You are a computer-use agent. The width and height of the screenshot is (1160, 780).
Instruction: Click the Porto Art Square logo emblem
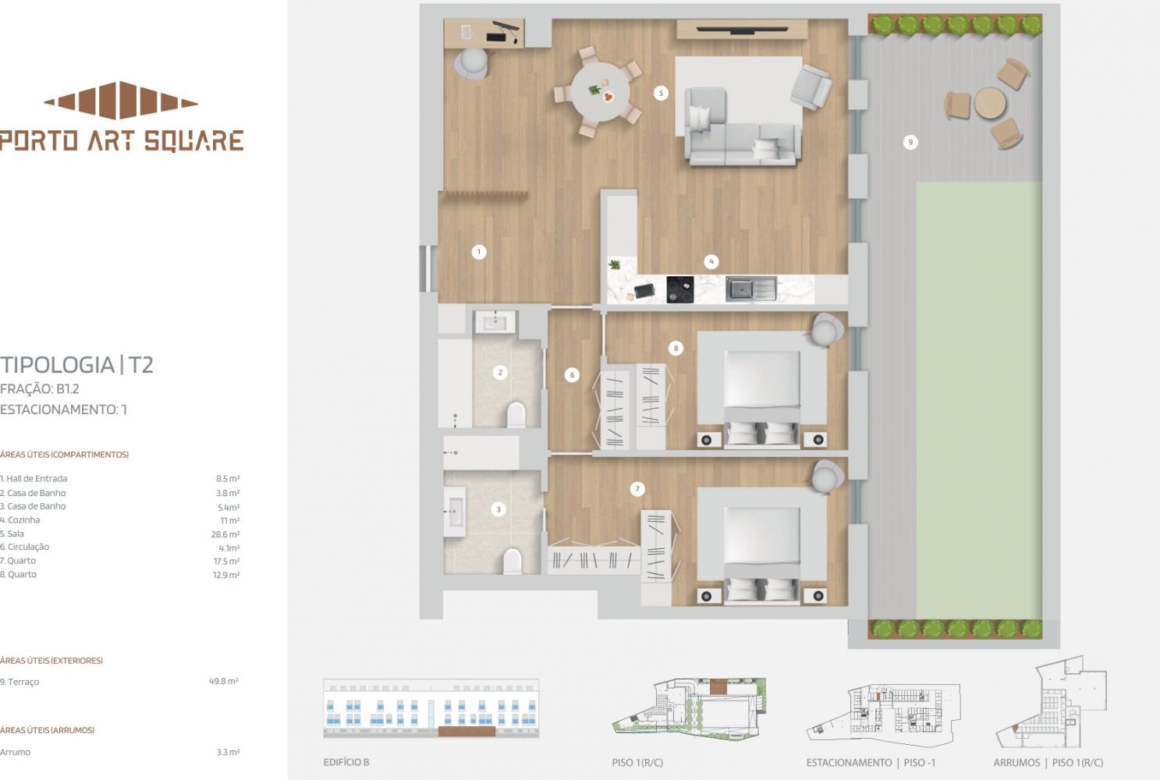pos(121,101)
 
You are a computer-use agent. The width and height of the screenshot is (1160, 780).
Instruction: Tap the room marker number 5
pos(660,94)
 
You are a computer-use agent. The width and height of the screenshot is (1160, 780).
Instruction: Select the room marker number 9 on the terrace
pos(910,142)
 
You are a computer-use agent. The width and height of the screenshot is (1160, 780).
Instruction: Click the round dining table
pos(601,92)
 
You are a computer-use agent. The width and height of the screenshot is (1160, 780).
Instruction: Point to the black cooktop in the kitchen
pos(680,289)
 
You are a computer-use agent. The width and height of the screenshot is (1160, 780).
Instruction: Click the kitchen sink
pos(751,289)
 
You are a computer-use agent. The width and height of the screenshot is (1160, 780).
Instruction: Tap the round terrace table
pos(990,103)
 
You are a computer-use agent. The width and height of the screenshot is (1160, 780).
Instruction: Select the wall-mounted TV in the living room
pos(742,30)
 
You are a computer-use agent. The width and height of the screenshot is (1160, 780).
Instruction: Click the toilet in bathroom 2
pos(516,414)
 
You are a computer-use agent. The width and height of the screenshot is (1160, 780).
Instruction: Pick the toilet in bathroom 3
pos(513,562)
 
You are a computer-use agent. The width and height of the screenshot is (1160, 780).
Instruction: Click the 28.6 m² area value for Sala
pos(225,534)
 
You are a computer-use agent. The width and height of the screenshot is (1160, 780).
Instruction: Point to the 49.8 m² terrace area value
pos(224,681)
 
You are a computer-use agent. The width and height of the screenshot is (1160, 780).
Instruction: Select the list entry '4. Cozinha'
pos(20,520)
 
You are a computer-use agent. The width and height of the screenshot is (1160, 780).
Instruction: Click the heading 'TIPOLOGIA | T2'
pos(76,364)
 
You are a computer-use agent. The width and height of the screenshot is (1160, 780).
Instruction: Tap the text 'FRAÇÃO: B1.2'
pos(40,388)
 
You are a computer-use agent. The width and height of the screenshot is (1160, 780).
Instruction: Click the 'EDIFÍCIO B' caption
pos(346,762)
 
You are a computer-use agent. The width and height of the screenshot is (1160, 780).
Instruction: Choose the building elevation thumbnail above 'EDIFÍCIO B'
pos(431,708)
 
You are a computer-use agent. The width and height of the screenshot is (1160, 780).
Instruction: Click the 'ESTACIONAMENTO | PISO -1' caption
pos(871,762)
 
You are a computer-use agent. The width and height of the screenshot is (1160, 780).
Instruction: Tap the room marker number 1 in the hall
pos(478,252)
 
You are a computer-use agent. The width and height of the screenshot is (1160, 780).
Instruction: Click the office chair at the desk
pos(472,64)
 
